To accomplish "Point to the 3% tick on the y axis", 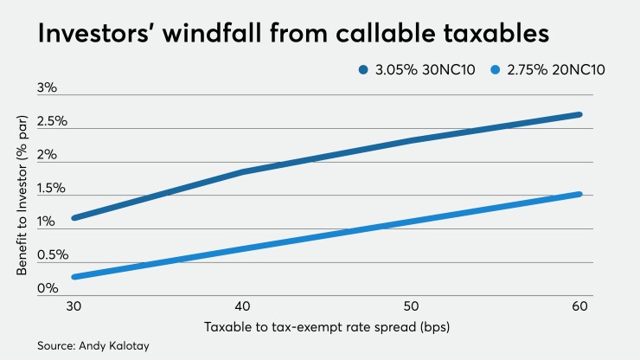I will pos(46,88).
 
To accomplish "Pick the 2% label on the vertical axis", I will pos(46,155).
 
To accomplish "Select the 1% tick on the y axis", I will pos(46,222).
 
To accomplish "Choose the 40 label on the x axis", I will pos(243,306).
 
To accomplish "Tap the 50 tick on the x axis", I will pos(410,306).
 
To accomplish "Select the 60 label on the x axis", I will pos(577,306).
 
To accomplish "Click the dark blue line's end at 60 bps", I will pos(579,114).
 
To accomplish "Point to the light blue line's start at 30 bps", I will pos(76,277).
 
